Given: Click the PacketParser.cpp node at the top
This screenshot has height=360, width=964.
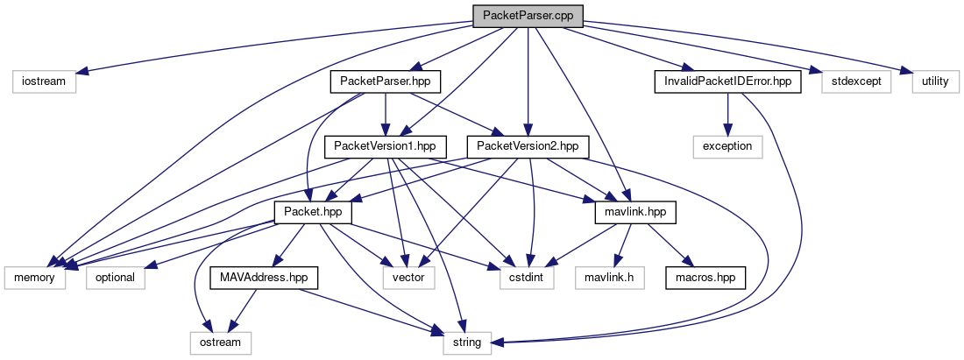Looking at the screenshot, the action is coord(528,16).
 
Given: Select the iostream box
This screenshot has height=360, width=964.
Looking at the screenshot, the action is coord(44,81).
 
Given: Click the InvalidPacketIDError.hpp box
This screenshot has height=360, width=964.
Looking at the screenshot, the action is coord(728,81).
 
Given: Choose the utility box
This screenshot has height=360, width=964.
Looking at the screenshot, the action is coord(935,81).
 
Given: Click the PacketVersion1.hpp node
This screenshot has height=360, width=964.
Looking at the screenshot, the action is coord(386,147).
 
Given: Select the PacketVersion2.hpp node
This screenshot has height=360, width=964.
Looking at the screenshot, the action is coord(528,147).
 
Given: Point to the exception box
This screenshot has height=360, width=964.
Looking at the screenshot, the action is coord(728,147).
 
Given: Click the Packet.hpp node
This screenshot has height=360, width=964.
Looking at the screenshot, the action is coord(313,213).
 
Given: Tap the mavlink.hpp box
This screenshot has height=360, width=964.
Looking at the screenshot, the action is coord(635,213).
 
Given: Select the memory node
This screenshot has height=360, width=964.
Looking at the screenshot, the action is coord(35,279).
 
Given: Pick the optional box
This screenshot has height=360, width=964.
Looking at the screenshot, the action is coord(116,279).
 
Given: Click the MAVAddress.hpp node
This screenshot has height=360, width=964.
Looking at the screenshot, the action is coord(264,279).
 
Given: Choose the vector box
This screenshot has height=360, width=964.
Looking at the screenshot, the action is coord(408,279).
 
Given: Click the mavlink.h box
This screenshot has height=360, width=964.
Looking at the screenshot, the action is coord(609,279).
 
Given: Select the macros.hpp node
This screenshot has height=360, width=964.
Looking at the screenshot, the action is coord(705,279).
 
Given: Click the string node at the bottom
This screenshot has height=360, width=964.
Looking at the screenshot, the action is coord(466,343).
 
